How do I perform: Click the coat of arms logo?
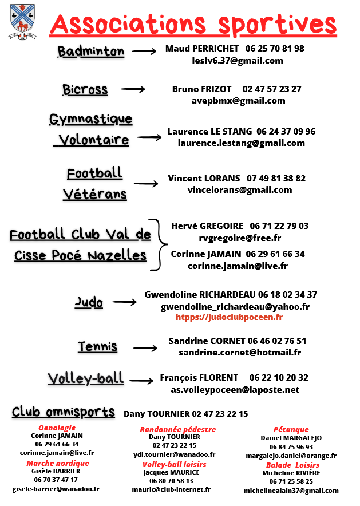click(22, 21)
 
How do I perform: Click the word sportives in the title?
click(277, 25)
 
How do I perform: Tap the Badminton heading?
click(90, 52)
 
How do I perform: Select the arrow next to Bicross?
click(133, 89)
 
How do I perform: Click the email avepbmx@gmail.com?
click(238, 101)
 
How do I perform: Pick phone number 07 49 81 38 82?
click(276, 179)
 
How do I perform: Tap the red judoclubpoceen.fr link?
click(229, 317)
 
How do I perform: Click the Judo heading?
click(89, 302)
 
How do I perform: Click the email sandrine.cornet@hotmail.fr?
click(239, 353)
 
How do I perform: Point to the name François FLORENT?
click(199, 378)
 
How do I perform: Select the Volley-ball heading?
click(86, 378)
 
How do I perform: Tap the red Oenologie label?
click(57, 428)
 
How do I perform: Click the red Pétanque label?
click(291, 429)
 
